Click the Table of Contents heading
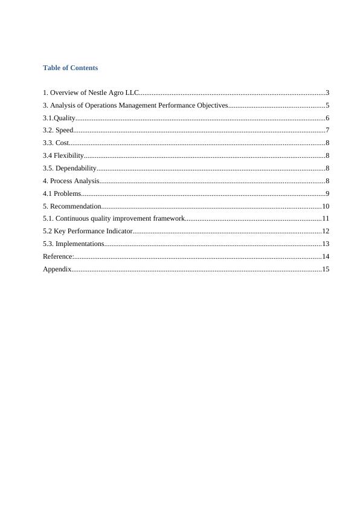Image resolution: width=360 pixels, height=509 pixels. coord(70,68)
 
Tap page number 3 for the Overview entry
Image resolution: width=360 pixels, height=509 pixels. coord(327,93)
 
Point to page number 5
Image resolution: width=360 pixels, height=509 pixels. coord(327,106)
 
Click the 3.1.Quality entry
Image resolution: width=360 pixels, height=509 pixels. coord(59,118)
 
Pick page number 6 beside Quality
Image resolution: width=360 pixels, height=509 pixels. coord(327,118)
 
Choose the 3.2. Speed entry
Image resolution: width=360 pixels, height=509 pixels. coord(58,131)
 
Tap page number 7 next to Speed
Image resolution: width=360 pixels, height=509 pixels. coord(327,131)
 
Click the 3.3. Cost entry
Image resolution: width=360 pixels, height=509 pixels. coord(56,143)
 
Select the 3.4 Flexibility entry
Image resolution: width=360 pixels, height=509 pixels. coord(63,156)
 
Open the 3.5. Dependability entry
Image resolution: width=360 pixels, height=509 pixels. coord(69,169)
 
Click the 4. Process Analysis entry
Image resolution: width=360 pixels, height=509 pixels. coord(71,181)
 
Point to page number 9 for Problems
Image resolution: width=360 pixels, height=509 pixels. coord(327,193)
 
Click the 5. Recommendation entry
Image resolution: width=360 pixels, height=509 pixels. coord(72,206)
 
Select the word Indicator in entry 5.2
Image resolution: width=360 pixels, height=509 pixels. coord(118,231)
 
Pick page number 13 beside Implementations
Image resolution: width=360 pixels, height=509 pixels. coord(325,244)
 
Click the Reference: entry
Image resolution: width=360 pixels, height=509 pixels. coord(58,256)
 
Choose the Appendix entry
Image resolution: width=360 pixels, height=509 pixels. coord(57,269)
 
